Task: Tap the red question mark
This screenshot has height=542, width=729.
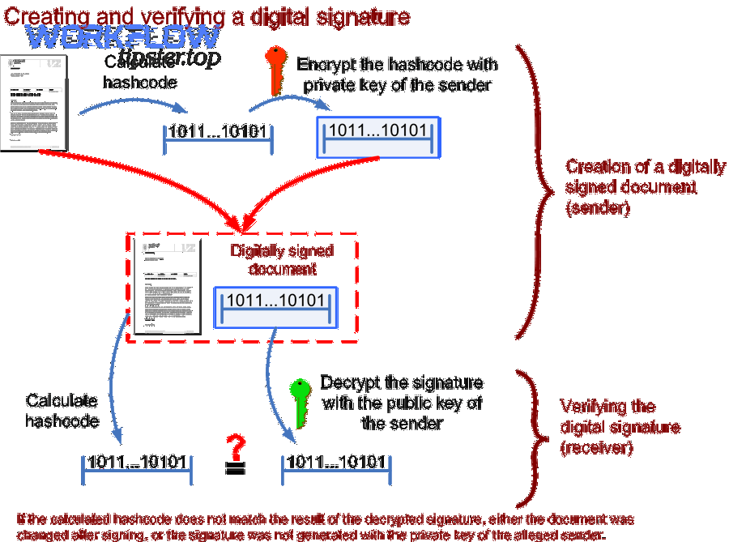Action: tap(236, 447)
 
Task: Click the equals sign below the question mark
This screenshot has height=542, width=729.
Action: tap(235, 470)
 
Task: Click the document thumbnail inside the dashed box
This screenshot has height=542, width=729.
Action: tap(166, 288)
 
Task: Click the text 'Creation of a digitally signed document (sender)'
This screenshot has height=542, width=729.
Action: tap(646, 186)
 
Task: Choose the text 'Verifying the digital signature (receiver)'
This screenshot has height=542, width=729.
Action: tap(620, 427)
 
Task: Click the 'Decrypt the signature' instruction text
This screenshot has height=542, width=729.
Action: tap(402, 403)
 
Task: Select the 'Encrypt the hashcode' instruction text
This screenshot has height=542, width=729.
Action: tap(397, 75)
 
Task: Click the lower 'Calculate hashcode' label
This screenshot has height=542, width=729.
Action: tap(62, 410)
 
